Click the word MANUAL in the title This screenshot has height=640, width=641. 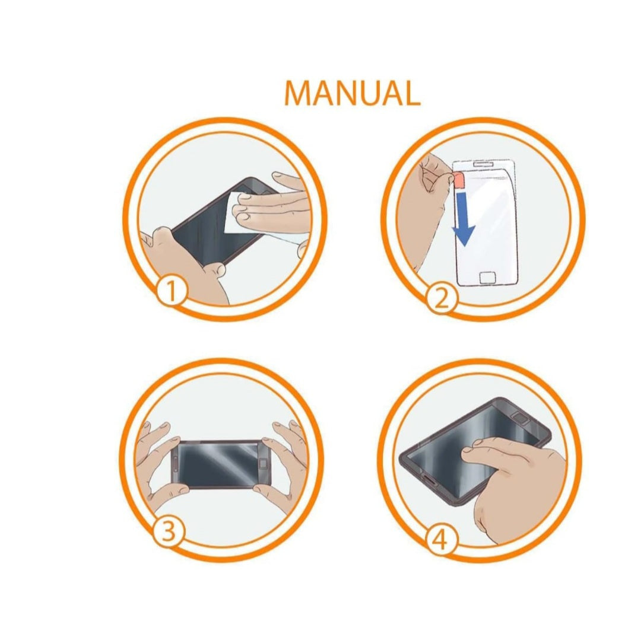pos(352,93)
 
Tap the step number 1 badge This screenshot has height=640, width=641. pos(172,291)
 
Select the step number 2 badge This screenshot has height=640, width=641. pos(441,299)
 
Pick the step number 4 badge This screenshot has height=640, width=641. pos(441,540)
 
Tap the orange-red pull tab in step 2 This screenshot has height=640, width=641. pos(458,179)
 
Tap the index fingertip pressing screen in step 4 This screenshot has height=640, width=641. pos(467,452)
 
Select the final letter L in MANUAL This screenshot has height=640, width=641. pos(411,93)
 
